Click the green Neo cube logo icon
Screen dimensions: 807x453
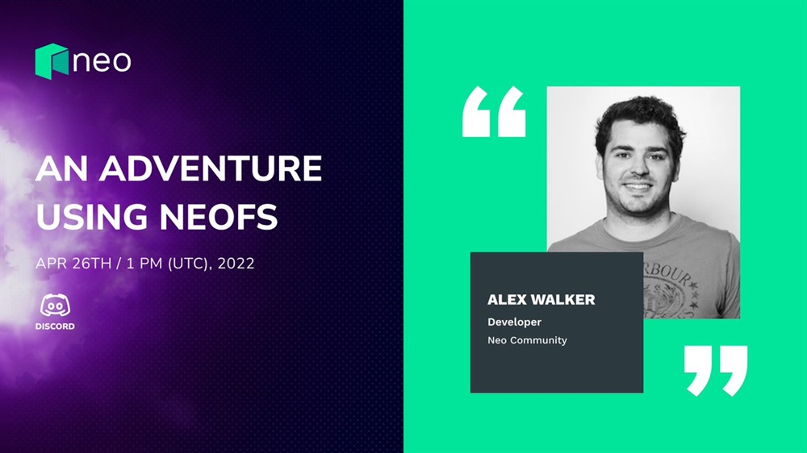(x=52, y=61)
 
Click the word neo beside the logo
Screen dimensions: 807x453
(x=102, y=61)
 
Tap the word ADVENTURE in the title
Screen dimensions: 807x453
(x=211, y=168)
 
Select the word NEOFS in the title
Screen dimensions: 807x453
(x=219, y=217)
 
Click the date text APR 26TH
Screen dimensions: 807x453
(x=73, y=264)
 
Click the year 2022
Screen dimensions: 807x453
(x=236, y=264)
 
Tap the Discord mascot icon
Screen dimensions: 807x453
(x=55, y=305)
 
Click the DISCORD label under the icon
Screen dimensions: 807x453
(x=55, y=326)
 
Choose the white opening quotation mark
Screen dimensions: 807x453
(x=494, y=111)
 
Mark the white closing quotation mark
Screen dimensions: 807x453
(x=716, y=371)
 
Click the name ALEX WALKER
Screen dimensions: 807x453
(x=541, y=300)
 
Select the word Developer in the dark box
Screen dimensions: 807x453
(x=515, y=322)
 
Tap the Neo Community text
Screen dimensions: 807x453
(x=527, y=340)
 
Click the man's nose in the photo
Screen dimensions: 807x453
(x=638, y=170)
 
